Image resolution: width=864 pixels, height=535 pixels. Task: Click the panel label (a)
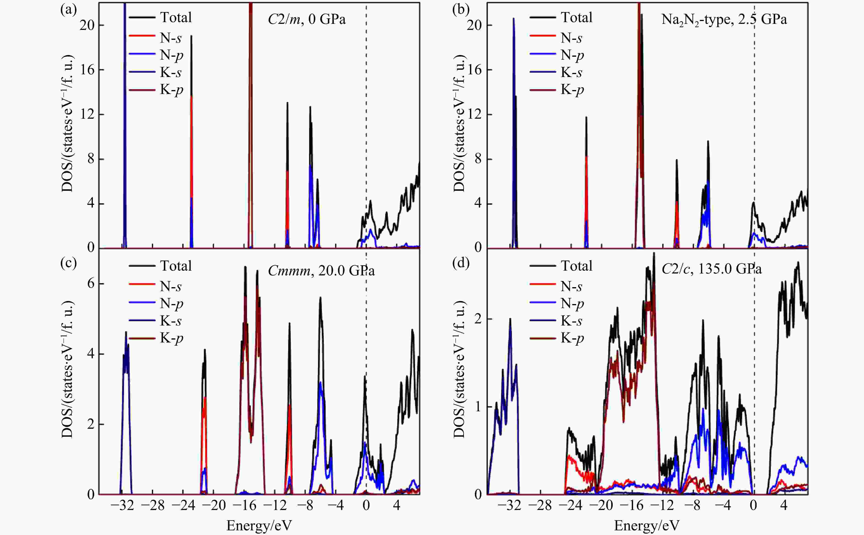tap(68, 10)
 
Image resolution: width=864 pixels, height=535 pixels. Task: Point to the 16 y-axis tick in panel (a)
tap(87, 70)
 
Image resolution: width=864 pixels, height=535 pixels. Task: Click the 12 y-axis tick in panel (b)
tap(474, 114)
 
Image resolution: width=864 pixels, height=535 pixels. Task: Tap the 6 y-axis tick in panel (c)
tap(91, 284)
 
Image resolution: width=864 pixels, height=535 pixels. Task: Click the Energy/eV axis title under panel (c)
tap(259, 525)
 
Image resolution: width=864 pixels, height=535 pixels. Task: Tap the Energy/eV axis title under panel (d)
tap(647, 525)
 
